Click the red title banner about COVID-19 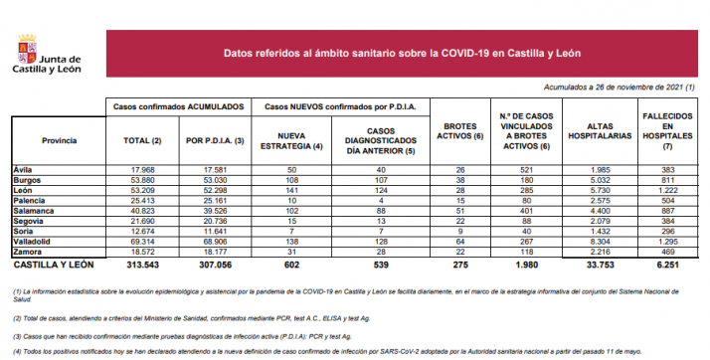(403, 53)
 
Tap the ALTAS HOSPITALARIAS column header (594, 129)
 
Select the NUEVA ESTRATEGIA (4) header (291, 140)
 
